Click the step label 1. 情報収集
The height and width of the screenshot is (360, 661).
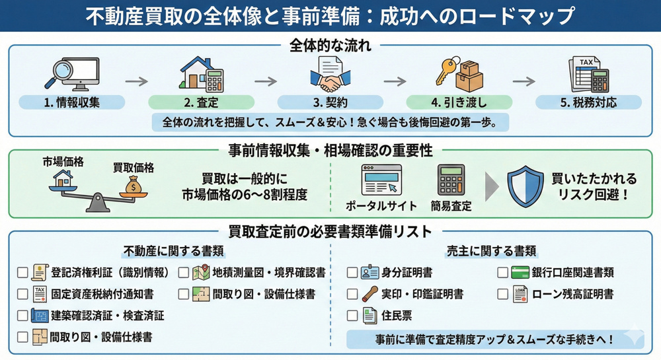72,102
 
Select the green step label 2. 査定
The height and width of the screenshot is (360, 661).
201,102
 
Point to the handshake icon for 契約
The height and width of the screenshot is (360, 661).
330,83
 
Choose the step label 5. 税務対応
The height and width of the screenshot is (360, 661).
588,102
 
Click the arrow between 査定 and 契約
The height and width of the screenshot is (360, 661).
266,81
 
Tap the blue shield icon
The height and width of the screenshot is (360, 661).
525,186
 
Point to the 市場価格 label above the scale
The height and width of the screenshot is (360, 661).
63,161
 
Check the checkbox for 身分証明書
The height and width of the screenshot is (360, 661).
352,272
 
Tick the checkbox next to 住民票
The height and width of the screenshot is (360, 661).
352,316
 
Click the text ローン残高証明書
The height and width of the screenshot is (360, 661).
573,294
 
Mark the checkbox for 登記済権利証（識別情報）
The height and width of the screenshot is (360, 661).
23,272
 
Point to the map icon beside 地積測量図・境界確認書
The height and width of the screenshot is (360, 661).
201,272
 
